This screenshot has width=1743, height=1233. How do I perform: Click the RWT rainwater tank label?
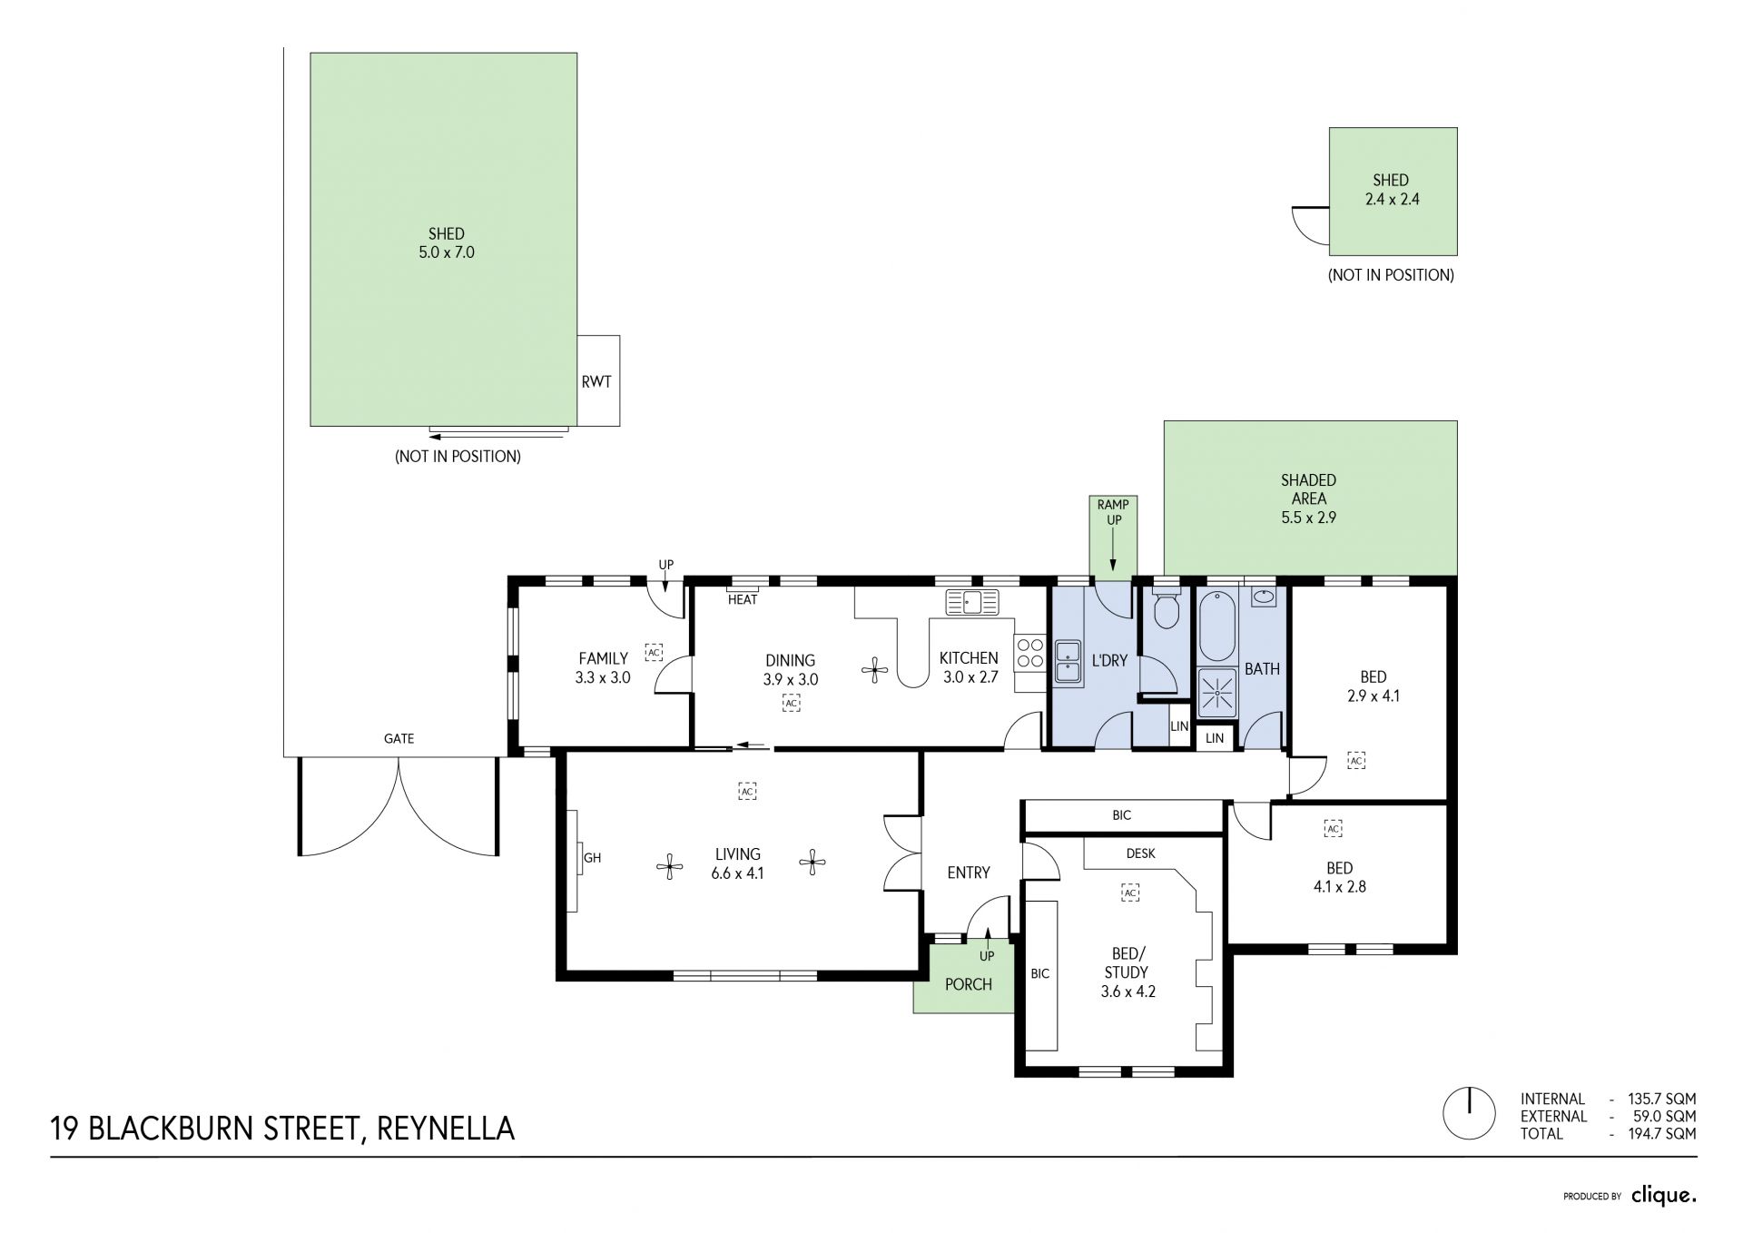pos(596,381)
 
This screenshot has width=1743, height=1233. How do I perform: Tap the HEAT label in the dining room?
pos(743,599)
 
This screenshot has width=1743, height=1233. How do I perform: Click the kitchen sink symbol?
pos(971,602)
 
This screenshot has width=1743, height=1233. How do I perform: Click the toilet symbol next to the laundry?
pos(1166,609)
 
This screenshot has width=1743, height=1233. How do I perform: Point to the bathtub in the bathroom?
pos(1217,626)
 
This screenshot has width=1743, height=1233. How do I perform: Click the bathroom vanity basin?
pos(1264,597)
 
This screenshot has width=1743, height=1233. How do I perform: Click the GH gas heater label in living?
pos(593,857)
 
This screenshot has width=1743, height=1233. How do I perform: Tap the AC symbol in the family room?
pos(654,651)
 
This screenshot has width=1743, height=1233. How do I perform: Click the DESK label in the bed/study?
pos(1141,853)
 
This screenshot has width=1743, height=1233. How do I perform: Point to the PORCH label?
pos(969,984)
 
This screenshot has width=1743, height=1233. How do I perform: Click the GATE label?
pos(399,739)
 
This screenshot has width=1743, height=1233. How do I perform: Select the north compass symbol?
pos(1469,1113)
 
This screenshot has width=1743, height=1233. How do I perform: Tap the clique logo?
pos(1664,1196)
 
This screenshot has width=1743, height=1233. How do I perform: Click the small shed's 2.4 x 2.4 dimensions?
pos(1392,199)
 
